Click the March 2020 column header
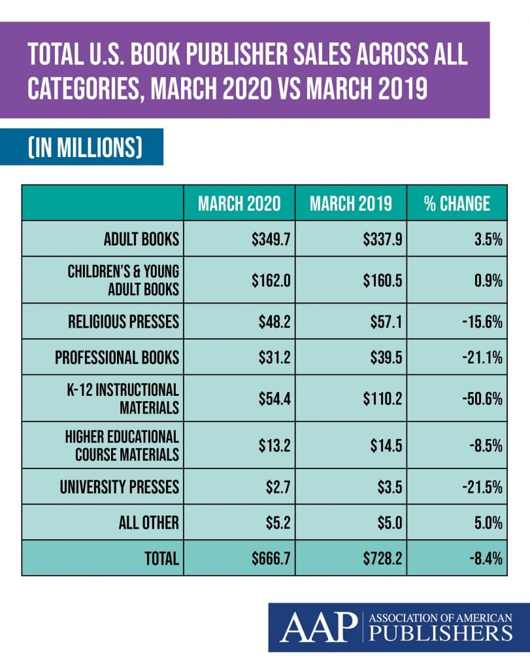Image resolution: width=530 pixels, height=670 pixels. point(239,203)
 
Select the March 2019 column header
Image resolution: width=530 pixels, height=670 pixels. point(351,203)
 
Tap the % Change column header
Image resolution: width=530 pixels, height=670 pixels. point(457,203)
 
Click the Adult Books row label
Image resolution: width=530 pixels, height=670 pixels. point(141,239)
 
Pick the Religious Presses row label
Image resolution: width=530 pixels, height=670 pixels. point(124,322)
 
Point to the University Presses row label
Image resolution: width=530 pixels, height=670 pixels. point(120,487)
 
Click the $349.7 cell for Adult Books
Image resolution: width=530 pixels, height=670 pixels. point(271,239)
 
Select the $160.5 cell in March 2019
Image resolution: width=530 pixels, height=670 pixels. point(383,280)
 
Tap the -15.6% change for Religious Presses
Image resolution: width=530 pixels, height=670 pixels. point(482,322)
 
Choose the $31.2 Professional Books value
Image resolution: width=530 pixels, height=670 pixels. point(274,357)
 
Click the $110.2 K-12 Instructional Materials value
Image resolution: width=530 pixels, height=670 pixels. point(383,398)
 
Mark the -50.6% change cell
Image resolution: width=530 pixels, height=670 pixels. point(482,398)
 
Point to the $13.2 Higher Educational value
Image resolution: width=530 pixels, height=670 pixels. point(274,446)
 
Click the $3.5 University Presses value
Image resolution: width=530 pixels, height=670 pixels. point(389,487)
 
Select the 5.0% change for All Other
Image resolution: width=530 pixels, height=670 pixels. point(489,523)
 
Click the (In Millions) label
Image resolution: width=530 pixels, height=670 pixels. point(85,147)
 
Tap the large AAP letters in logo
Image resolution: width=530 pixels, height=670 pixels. point(319,627)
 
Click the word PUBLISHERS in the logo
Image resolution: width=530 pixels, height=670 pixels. point(440,633)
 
